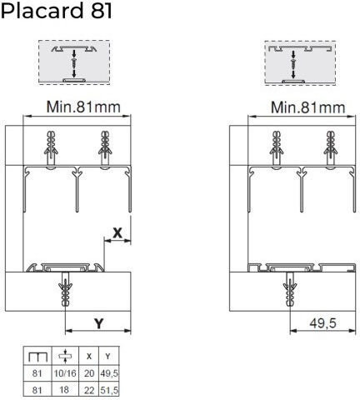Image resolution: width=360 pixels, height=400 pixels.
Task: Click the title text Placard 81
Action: click(57, 11)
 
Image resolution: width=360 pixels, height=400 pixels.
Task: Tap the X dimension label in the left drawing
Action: click(117, 232)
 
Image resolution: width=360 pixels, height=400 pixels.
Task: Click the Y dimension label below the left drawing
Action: click(99, 323)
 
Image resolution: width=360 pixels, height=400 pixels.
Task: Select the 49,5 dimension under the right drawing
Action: click(322, 323)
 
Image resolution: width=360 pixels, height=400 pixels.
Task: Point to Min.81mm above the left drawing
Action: click(83, 107)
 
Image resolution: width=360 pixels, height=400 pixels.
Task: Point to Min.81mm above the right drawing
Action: click(307, 107)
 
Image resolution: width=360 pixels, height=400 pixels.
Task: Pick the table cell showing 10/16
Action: click(65, 373)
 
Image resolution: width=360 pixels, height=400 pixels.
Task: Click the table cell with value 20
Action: click(89, 373)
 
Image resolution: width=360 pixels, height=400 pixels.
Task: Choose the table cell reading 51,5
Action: click(109, 390)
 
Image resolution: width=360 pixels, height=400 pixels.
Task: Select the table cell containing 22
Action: click(89, 390)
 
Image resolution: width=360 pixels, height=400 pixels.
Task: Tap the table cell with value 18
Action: click(64, 390)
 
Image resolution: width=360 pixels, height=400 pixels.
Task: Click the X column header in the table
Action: click(89, 356)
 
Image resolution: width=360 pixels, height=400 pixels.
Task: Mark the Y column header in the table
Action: click(108, 356)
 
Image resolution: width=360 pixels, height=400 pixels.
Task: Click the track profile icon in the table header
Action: click(38, 357)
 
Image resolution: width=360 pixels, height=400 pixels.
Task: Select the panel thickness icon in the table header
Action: click(65, 356)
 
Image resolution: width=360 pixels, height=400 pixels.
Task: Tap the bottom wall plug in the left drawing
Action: click(65, 289)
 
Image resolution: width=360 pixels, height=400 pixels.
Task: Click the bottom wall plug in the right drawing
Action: click(290, 289)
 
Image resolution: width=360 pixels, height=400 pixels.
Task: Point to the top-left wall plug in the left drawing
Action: click(51, 148)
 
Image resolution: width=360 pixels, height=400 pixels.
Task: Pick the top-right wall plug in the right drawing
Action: click(330, 148)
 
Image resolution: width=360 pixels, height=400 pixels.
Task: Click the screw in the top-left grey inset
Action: click(74, 63)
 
